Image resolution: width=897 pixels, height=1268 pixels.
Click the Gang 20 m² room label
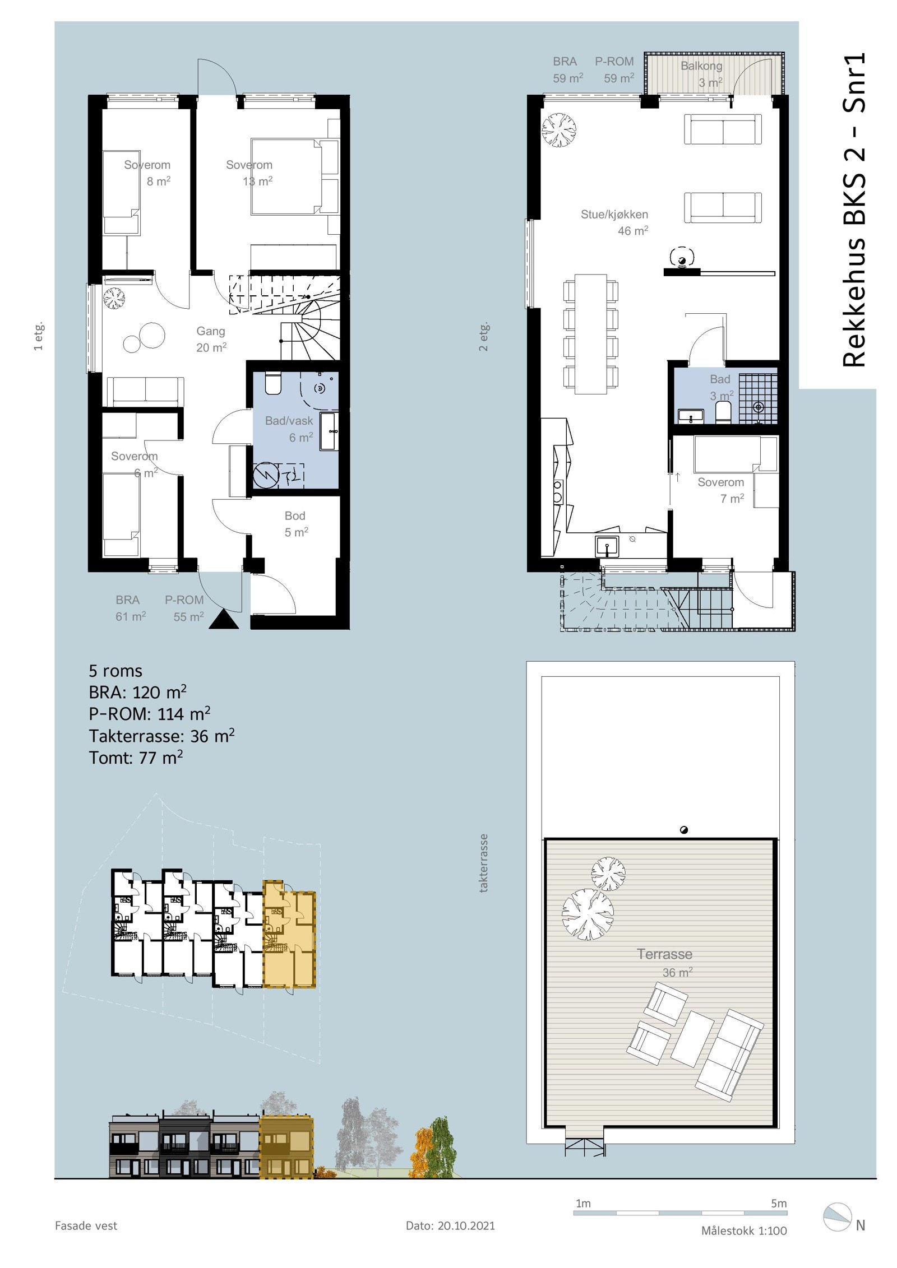211,339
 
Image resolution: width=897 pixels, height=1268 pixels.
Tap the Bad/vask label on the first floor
289,420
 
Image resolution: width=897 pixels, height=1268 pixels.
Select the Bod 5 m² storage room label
295,523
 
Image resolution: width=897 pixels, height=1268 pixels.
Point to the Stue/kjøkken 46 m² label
614,222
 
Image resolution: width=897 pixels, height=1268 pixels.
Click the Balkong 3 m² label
701,74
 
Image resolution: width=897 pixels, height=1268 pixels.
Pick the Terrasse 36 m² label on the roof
665,962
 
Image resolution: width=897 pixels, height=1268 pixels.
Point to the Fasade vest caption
86,1225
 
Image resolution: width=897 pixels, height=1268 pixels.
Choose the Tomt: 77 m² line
136,758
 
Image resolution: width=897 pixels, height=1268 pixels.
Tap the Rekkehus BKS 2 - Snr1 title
854,210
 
